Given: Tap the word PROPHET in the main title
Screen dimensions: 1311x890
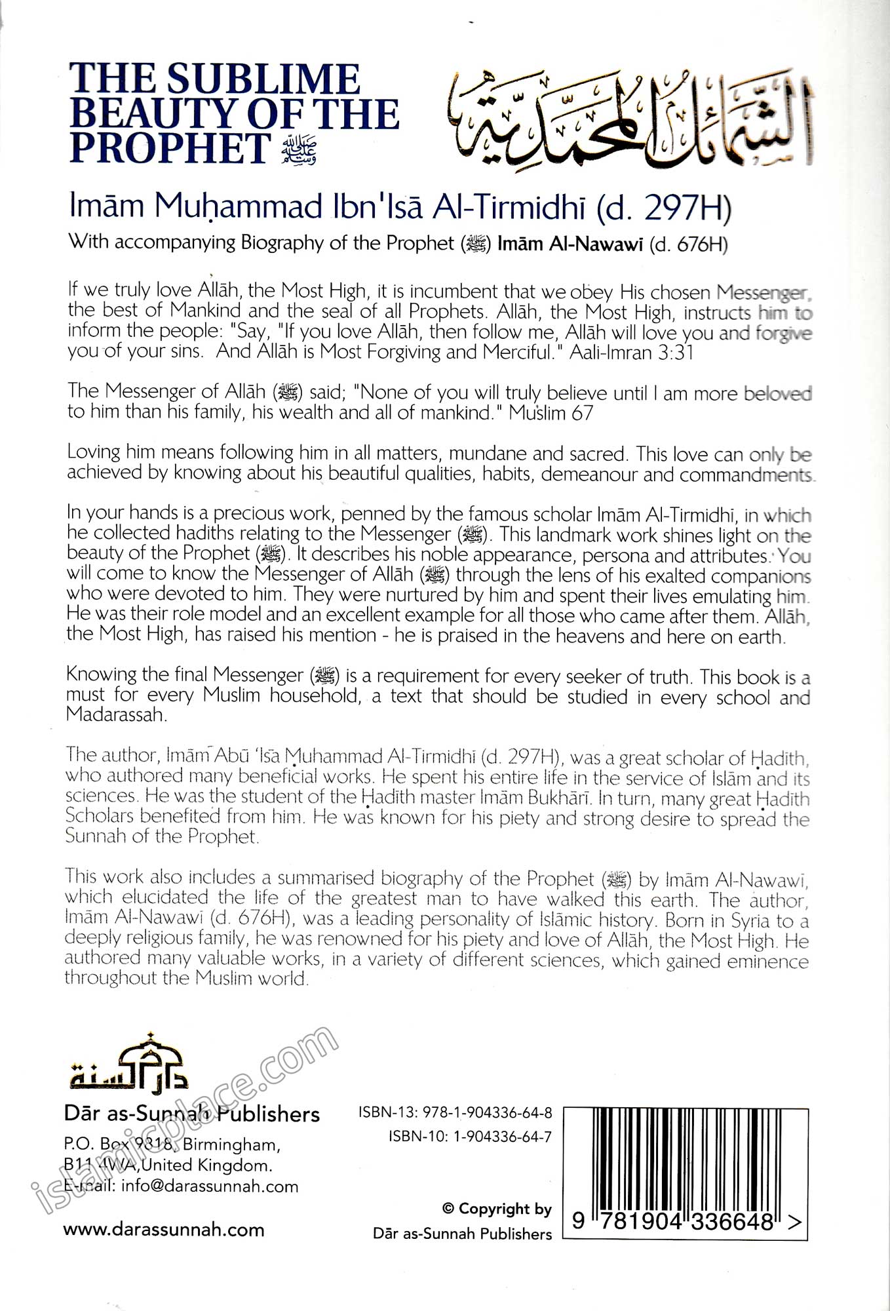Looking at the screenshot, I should [169, 148].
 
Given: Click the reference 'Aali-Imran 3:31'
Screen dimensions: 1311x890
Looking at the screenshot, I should [631, 352].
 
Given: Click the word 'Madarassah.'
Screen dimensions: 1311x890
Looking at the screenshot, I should [117, 714].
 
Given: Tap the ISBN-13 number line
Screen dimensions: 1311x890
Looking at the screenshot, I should [455, 1112].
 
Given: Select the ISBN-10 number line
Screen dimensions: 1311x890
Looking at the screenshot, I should [470, 1136].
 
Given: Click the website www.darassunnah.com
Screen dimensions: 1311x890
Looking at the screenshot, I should [164, 1230].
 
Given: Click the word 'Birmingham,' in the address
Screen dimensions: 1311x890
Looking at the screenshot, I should [232, 1145].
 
